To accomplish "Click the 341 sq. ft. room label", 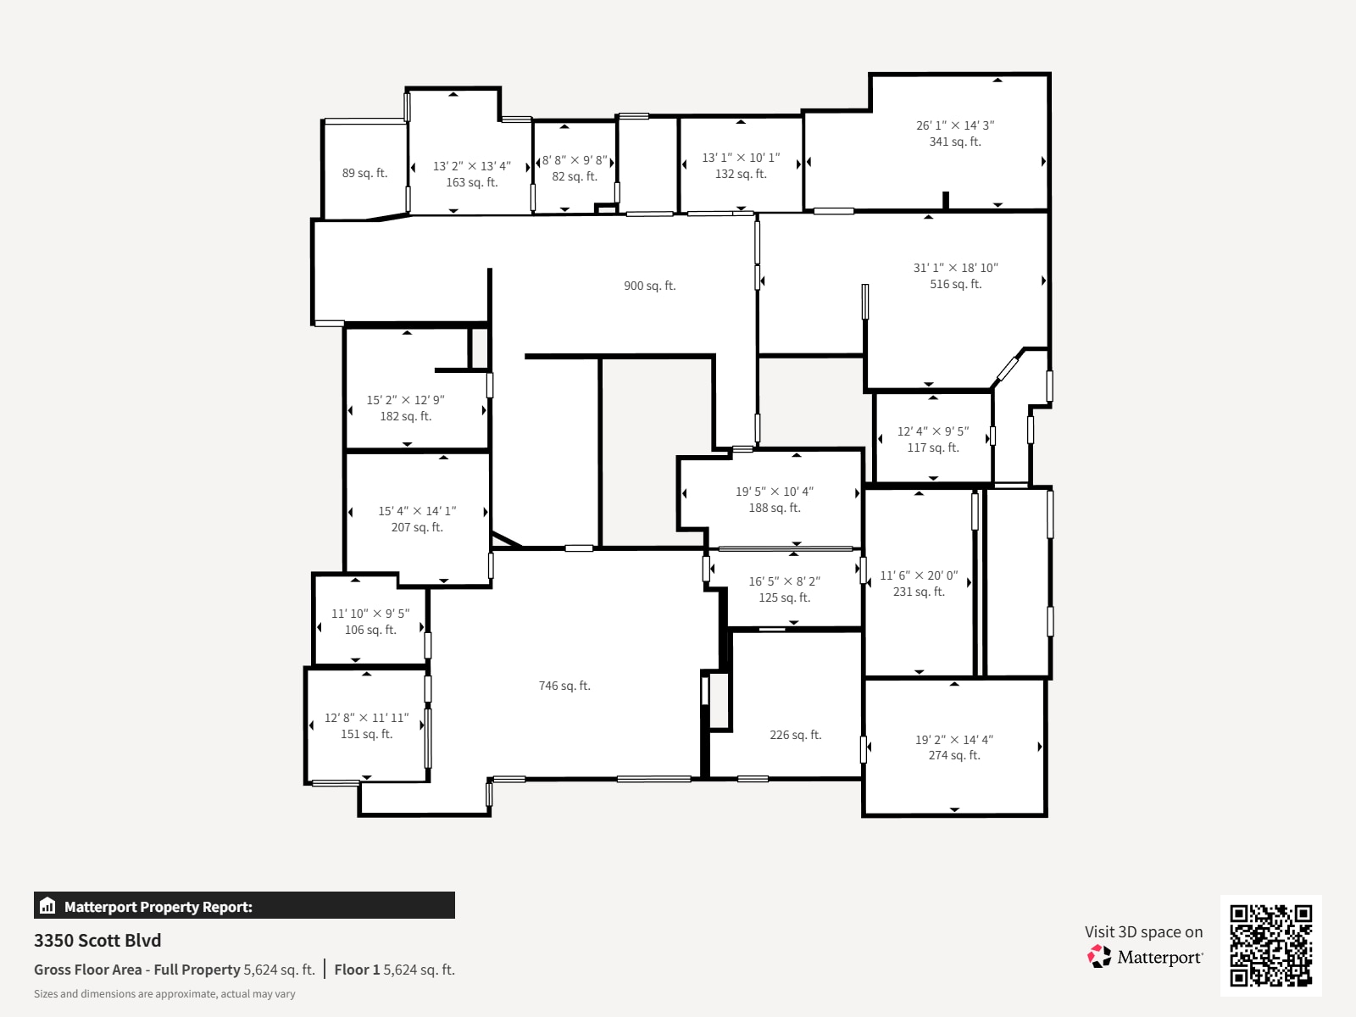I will click(x=955, y=142).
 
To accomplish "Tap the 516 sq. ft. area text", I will click(x=955, y=284).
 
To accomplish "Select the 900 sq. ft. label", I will click(x=649, y=286).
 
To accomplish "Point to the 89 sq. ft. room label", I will click(x=364, y=173).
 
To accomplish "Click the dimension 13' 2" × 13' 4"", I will click(x=471, y=166).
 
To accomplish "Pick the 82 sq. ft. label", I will click(x=575, y=176).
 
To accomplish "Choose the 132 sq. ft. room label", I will click(x=741, y=174).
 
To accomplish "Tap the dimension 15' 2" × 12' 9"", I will click(x=405, y=400).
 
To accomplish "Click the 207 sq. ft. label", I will click(x=417, y=527).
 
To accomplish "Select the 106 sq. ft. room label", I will click(x=370, y=630).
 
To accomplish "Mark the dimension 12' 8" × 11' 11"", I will click(x=366, y=718).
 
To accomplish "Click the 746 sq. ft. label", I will click(x=564, y=686).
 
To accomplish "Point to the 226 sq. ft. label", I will click(x=795, y=735).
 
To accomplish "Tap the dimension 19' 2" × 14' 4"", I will click(x=953, y=740).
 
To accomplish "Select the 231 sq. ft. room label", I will click(x=919, y=592).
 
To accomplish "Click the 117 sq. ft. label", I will click(x=933, y=447).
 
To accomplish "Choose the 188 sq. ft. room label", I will click(x=774, y=508).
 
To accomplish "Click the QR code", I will click(x=1270, y=945).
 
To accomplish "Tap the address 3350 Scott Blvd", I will click(x=97, y=940).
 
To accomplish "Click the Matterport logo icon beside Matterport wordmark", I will click(x=1099, y=957).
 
